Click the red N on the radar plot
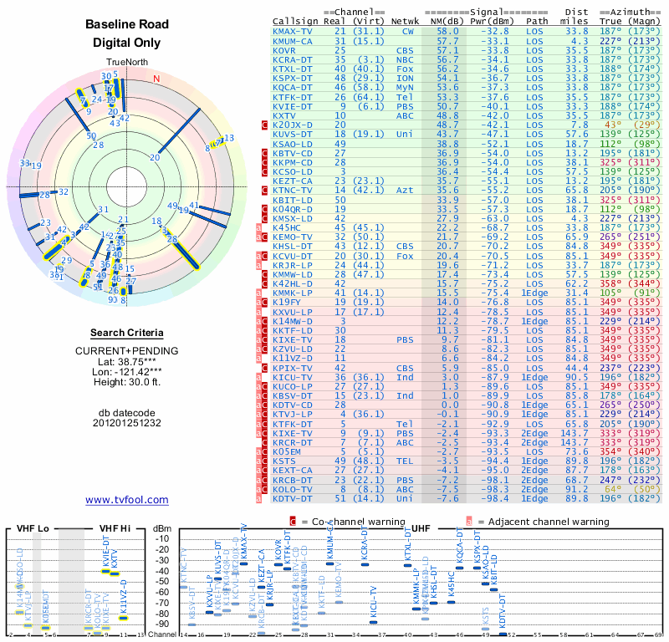point(156,79)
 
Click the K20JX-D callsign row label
point(293,125)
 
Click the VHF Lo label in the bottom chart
point(32,529)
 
